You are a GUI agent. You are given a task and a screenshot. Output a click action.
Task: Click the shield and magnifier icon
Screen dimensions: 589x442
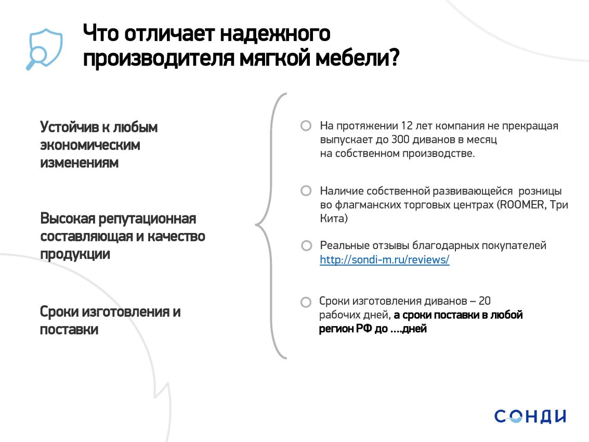click(x=44, y=49)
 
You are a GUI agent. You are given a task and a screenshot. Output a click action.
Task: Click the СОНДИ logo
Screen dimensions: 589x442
click(x=530, y=417)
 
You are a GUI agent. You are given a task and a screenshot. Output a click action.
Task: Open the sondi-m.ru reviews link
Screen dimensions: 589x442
click(x=384, y=259)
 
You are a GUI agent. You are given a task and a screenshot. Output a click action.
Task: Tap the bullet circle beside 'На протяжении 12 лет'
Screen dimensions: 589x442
click(x=306, y=125)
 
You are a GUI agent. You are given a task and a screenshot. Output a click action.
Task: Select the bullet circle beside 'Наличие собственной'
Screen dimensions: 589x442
click(x=306, y=191)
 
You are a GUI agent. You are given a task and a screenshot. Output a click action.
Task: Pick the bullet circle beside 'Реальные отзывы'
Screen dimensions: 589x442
click(x=307, y=246)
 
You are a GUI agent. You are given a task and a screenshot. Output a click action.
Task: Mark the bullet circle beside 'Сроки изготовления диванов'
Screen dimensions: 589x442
click(x=306, y=302)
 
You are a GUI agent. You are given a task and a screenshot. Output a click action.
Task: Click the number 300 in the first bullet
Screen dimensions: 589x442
click(x=400, y=139)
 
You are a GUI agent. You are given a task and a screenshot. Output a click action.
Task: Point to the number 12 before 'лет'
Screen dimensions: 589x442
click(x=407, y=126)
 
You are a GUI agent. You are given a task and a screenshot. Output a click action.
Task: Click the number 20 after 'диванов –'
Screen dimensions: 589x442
click(x=485, y=301)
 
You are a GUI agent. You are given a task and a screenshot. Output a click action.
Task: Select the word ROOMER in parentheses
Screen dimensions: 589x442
click(x=522, y=205)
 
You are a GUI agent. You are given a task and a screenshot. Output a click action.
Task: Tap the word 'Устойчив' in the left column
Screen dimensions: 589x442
click(x=70, y=127)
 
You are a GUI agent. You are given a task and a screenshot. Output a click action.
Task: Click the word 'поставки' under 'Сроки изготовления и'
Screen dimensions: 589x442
click(x=69, y=330)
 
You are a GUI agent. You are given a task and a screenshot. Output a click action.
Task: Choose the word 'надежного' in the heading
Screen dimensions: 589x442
click(x=275, y=34)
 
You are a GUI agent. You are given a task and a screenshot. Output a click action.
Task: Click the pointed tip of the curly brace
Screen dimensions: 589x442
click(x=256, y=225)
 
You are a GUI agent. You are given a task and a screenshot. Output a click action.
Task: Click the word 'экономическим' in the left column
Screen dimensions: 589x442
click(x=90, y=145)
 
